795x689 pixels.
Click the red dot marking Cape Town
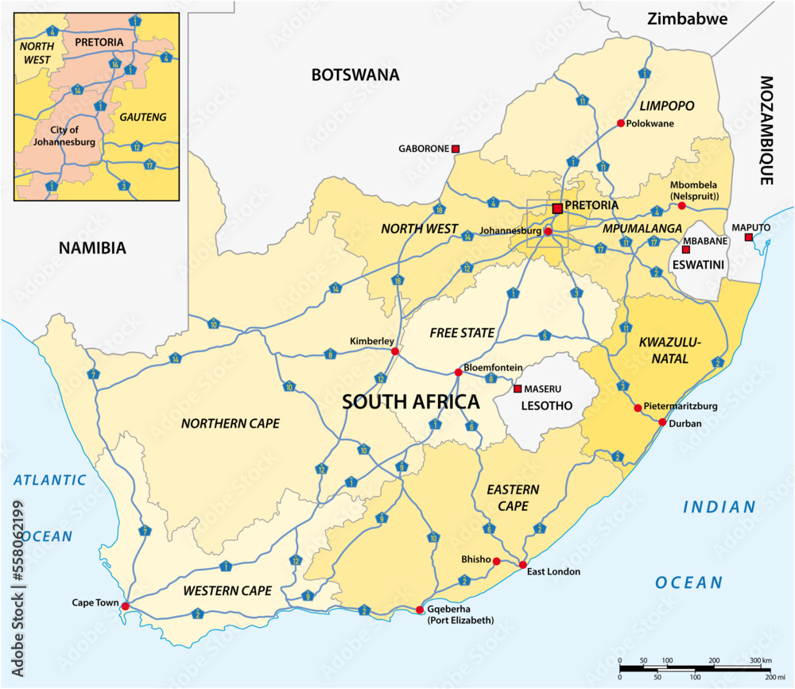[x=125, y=605]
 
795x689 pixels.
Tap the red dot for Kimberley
[x=394, y=350]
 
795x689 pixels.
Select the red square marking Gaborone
[x=456, y=149]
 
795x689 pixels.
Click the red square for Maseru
[x=518, y=389]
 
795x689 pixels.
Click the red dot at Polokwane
[x=620, y=123]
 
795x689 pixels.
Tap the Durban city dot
[x=662, y=422]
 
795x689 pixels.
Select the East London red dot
[x=522, y=565]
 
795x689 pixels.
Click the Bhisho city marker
[x=496, y=561]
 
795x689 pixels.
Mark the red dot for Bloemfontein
[x=458, y=372]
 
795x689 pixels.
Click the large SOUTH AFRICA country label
[x=410, y=401]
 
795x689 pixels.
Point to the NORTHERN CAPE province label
[x=231, y=424]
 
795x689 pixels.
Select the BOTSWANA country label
[x=355, y=75]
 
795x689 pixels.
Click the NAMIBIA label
[x=92, y=248]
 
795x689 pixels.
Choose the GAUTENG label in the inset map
[x=143, y=117]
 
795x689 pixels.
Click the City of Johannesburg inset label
[x=65, y=137]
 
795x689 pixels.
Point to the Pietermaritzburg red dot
[x=638, y=408]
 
